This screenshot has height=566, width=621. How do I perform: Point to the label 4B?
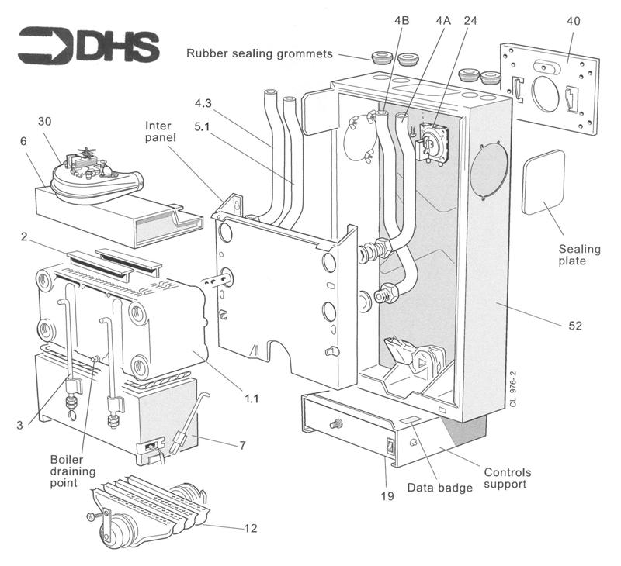(401, 22)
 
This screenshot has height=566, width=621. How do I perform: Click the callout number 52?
(575, 326)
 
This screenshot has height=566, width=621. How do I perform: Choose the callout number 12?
(250, 529)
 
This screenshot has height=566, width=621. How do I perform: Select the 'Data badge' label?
(439, 488)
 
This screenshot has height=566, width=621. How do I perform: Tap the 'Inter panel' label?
(162, 131)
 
